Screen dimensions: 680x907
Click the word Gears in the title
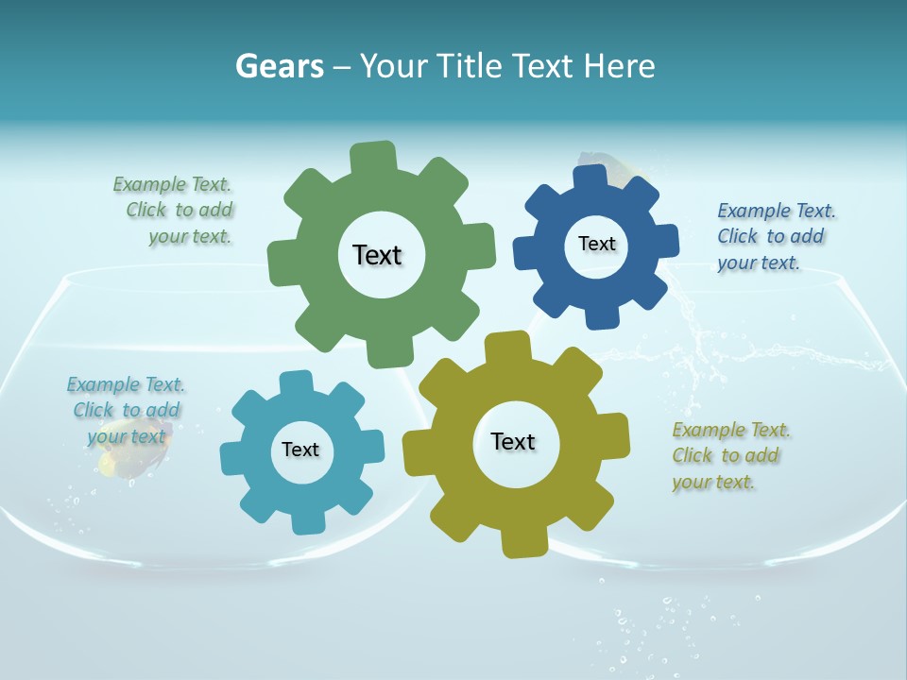click(279, 66)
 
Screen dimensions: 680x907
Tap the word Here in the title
click(619, 66)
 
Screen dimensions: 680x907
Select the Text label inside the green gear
click(377, 255)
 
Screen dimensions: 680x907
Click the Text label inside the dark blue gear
click(596, 244)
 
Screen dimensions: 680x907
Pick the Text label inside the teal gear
click(300, 450)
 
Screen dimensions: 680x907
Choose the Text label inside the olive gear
click(513, 441)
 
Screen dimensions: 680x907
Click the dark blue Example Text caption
click(775, 236)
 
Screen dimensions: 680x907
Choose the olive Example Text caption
click(729, 455)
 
